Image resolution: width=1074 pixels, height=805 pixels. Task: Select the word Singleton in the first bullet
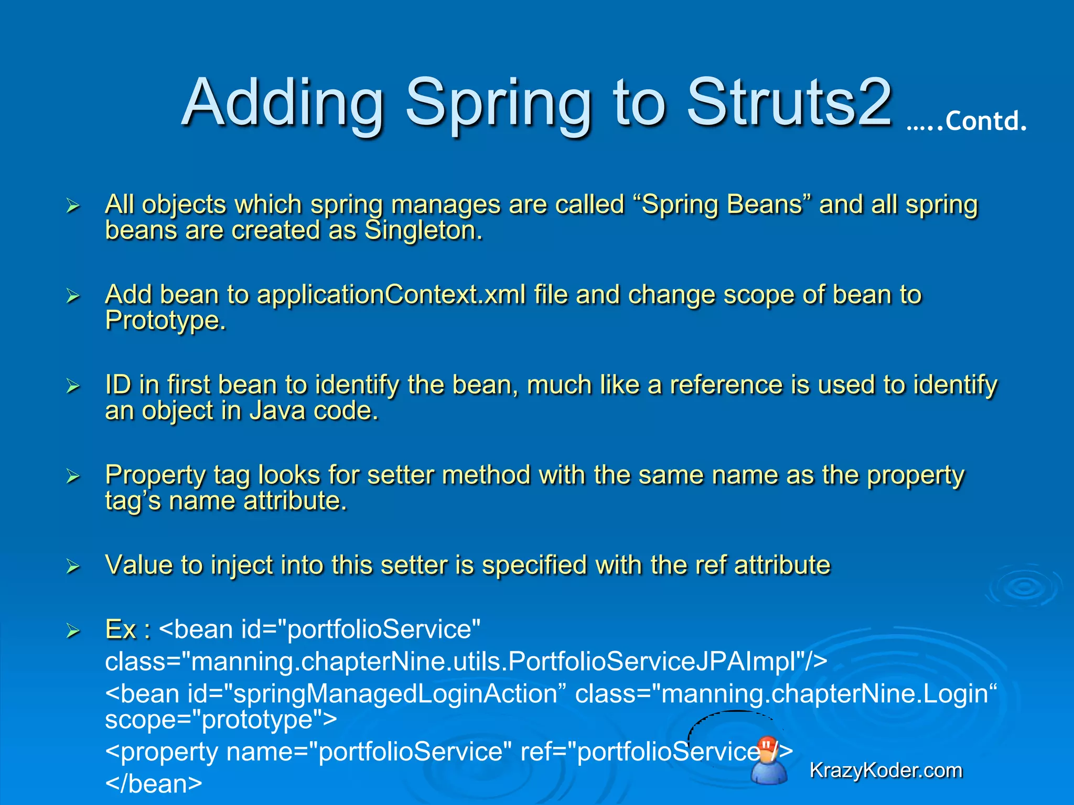[423, 231]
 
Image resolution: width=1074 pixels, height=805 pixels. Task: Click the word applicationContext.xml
[391, 295]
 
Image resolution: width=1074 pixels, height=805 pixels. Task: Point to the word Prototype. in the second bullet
[165, 320]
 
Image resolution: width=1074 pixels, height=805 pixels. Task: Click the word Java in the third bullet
[277, 411]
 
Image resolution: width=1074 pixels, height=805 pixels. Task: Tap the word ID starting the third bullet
[117, 385]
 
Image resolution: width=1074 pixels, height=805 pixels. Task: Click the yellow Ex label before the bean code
[121, 629]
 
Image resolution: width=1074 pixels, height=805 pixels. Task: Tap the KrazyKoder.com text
[886, 770]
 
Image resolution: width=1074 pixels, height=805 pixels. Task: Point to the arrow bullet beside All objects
[73, 206]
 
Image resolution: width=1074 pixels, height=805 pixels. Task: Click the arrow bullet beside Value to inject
[73, 567]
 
